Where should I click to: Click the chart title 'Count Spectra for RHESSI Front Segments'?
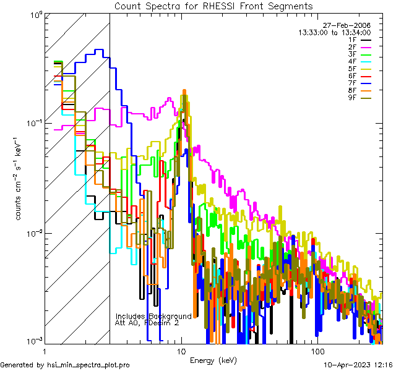point(213,6)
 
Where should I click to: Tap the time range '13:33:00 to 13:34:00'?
point(334,32)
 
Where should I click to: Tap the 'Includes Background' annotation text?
point(153,316)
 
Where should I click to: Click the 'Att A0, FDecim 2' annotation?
point(147,323)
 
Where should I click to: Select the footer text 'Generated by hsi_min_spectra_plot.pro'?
point(65,365)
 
